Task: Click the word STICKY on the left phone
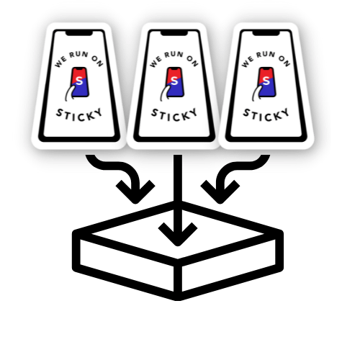pyautogui.click(x=79, y=114)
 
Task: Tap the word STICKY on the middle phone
pyautogui.click(x=174, y=114)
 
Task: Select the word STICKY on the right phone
pyautogui.click(x=266, y=114)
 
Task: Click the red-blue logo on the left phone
pyautogui.click(x=78, y=84)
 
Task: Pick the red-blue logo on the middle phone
pyautogui.click(x=173, y=84)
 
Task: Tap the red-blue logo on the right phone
pyautogui.click(x=265, y=84)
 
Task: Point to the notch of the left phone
pyautogui.click(x=79, y=33)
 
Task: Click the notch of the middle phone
pyautogui.click(x=174, y=33)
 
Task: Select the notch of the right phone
pyautogui.click(x=266, y=33)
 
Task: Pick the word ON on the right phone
pyautogui.click(x=284, y=61)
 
